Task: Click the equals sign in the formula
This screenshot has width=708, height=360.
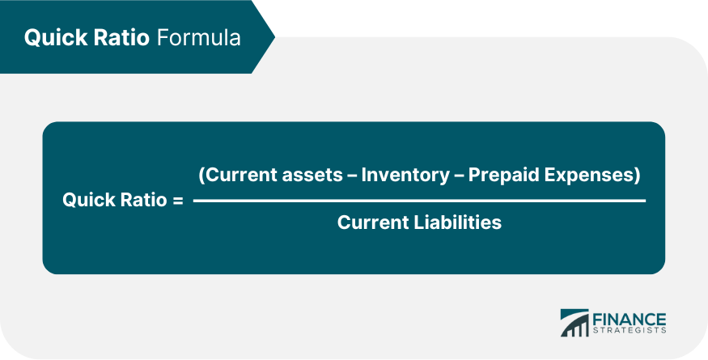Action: click(x=178, y=200)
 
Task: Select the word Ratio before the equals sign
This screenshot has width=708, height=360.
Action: click(x=142, y=200)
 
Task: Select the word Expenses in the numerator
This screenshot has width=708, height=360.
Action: click(x=595, y=175)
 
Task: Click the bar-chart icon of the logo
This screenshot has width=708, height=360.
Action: click(x=575, y=323)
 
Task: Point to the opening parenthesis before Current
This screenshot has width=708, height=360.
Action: click(x=201, y=175)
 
